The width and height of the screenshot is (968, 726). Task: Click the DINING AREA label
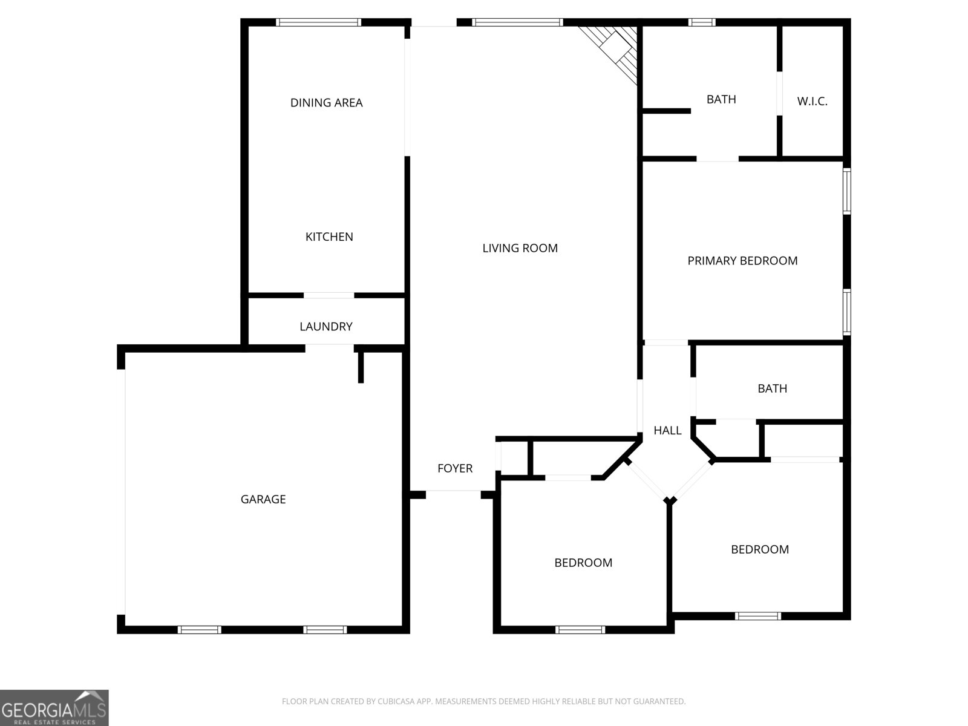(x=326, y=103)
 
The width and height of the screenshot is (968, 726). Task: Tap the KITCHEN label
(x=329, y=237)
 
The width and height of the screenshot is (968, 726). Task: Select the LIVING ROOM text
(x=520, y=248)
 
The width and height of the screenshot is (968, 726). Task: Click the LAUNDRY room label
(x=326, y=327)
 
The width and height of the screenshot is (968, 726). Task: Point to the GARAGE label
(x=263, y=499)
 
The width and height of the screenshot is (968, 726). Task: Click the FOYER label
(x=455, y=468)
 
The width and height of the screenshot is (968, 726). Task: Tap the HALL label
(x=667, y=431)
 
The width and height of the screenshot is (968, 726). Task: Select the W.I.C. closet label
(x=812, y=102)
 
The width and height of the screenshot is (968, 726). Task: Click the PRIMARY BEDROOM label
(x=742, y=261)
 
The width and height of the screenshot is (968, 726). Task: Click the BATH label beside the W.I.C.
(x=721, y=99)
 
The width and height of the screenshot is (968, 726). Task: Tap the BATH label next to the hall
(x=772, y=388)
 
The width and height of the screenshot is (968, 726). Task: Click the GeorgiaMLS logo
(x=54, y=707)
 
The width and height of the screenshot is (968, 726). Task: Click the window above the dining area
(x=318, y=22)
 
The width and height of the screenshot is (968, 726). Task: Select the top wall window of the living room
(x=517, y=22)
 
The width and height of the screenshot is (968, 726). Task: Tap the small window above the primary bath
(x=702, y=22)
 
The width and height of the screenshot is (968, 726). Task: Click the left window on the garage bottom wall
(x=200, y=630)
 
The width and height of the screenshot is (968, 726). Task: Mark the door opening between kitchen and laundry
(x=329, y=295)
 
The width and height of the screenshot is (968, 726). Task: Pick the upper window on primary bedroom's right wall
(x=847, y=191)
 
